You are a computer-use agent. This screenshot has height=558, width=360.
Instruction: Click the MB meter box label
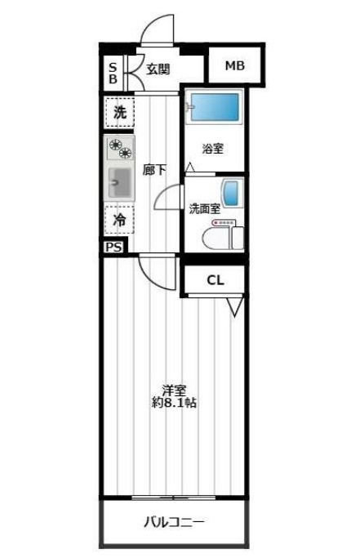coord(234,66)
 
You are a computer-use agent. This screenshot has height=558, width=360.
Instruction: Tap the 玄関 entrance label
coord(158,69)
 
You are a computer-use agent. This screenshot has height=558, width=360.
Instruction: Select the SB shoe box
coord(113,72)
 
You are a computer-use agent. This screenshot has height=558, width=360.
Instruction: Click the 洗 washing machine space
coord(120,114)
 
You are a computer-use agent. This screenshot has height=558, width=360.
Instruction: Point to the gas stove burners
coord(119,148)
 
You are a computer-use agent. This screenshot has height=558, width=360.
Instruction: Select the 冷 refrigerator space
coord(119,220)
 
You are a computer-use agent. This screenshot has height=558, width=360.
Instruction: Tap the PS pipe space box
coord(113,247)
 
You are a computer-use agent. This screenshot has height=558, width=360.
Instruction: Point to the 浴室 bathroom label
coord(213,149)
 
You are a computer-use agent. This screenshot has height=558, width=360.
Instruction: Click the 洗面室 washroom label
coord(204,208)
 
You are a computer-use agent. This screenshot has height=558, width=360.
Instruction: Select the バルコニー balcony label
coord(174,522)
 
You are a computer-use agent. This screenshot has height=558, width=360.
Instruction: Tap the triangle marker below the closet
coord(235,306)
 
